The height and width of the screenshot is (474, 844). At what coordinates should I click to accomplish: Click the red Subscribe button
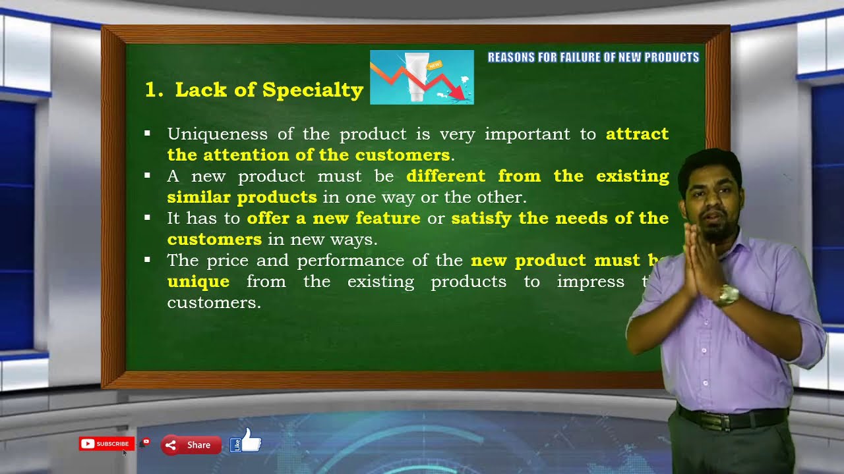point(107,444)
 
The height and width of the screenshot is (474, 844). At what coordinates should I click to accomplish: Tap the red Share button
point(190,445)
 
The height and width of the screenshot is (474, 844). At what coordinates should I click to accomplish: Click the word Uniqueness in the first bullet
point(217,134)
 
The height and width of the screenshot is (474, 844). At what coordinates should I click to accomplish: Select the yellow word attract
point(637,134)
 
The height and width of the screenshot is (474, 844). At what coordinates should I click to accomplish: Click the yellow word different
point(446,176)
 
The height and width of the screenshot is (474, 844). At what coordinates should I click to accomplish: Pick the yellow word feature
point(388,218)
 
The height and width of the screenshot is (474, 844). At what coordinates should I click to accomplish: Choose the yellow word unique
point(198,282)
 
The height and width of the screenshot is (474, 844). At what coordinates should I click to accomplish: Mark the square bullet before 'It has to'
point(147,217)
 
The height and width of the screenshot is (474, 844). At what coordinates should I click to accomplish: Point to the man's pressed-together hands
point(699,257)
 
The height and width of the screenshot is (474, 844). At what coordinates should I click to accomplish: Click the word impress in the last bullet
point(590,282)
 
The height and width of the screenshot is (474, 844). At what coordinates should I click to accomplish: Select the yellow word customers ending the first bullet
point(402,155)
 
